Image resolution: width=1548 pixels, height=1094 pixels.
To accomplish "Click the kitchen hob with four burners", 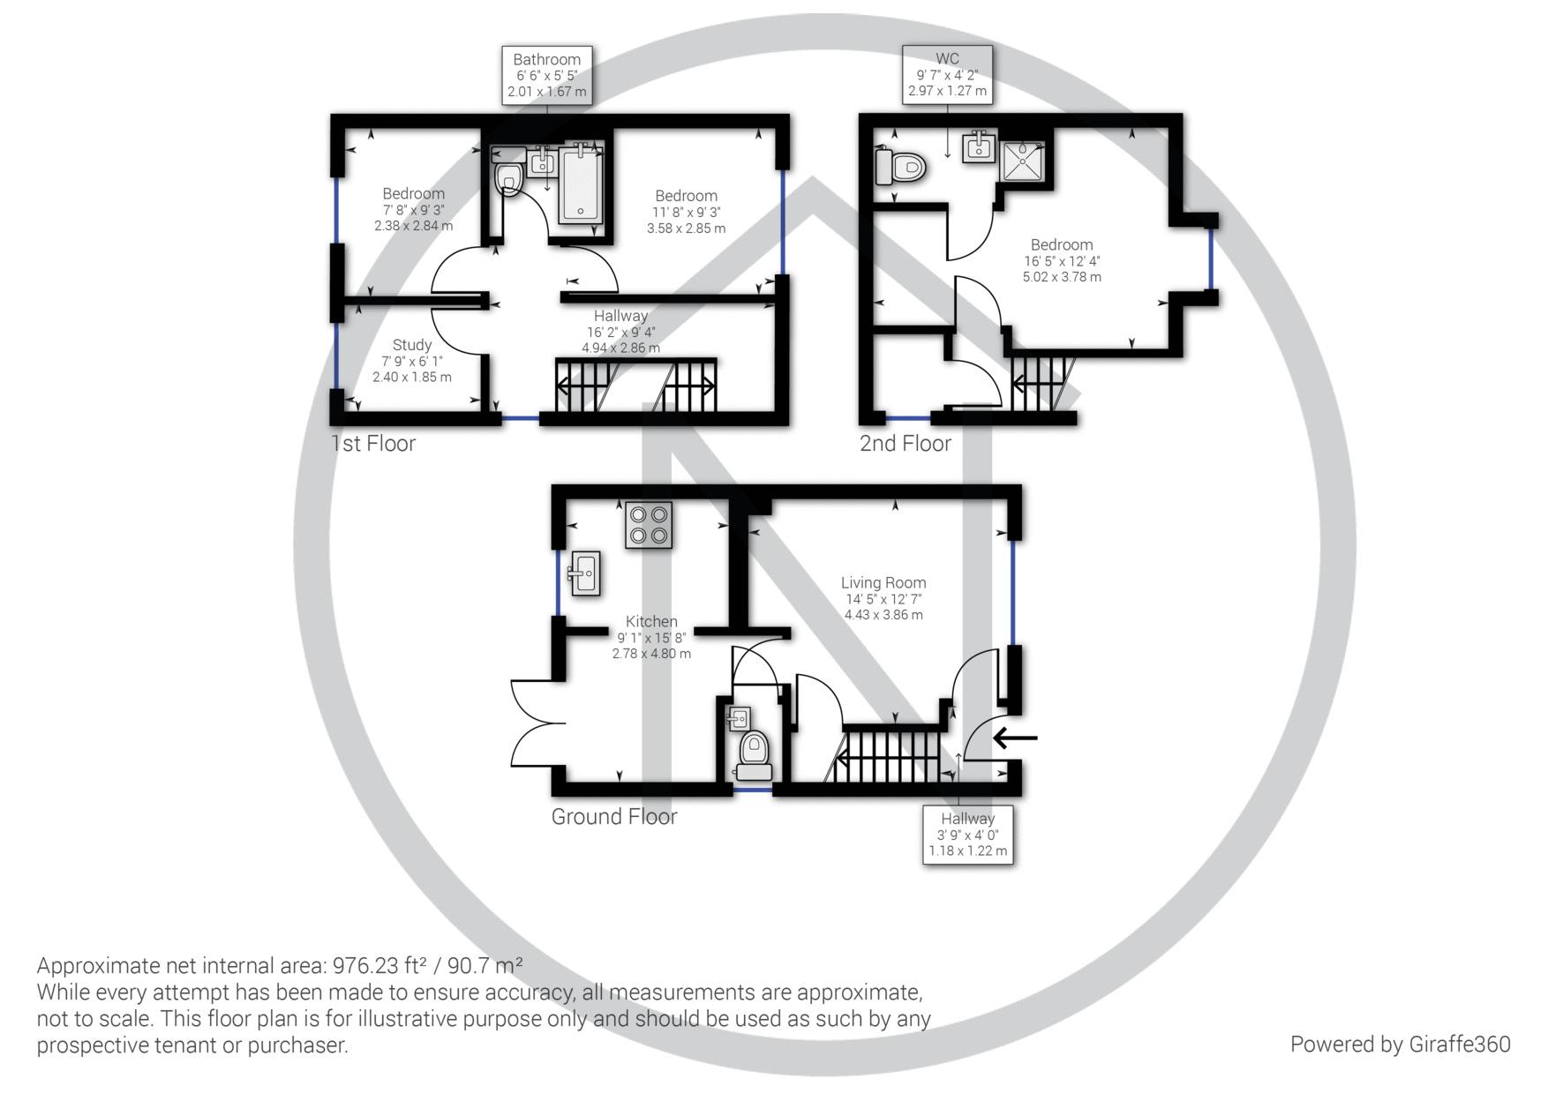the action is click(649, 525).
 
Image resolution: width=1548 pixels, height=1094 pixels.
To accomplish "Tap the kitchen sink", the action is click(585, 573).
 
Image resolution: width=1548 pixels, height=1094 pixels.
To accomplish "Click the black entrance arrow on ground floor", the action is click(1015, 738).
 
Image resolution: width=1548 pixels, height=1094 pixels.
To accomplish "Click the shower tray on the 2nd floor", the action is click(1023, 161).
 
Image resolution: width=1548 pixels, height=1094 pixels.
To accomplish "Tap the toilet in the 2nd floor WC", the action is click(899, 166).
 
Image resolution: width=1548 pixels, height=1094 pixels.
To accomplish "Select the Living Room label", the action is click(883, 598).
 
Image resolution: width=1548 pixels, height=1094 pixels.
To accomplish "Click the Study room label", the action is click(412, 360).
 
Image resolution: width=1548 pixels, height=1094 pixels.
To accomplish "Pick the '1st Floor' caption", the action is click(372, 443).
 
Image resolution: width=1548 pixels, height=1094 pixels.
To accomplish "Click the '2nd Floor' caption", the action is click(906, 443).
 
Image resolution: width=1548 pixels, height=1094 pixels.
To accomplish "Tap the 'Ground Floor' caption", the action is click(614, 816).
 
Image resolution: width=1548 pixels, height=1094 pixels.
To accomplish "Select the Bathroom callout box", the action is click(547, 75).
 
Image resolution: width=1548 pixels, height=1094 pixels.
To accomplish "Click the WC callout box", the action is click(948, 75).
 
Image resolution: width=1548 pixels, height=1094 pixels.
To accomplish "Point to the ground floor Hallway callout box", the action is click(967, 834).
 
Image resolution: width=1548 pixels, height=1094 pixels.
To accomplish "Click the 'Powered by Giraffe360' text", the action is click(1401, 1045).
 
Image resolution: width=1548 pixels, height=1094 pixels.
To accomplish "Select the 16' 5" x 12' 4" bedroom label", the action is click(1062, 260).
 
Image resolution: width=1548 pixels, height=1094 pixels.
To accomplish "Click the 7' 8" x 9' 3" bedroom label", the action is click(414, 209).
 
